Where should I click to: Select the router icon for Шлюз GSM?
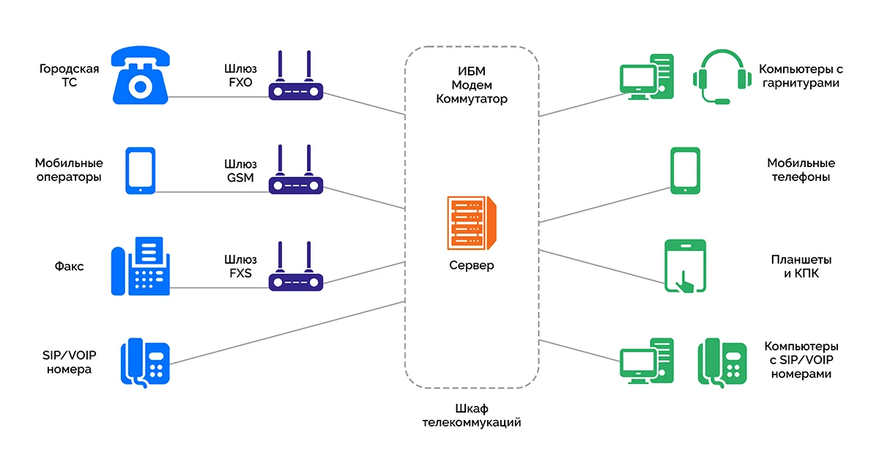point(296,173)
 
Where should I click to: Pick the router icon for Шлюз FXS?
point(296,269)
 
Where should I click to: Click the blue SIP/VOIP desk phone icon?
point(145,361)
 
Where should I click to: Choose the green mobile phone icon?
point(685,171)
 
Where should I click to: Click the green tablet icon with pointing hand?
point(685,266)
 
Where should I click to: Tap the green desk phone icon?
point(722,361)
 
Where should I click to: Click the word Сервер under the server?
point(471,265)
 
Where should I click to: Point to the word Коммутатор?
point(471,98)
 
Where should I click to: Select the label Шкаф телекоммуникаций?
point(471,415)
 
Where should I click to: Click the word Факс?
point(69,267)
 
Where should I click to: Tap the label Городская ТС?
point(69,75)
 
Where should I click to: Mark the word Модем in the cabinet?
point(471,84)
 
